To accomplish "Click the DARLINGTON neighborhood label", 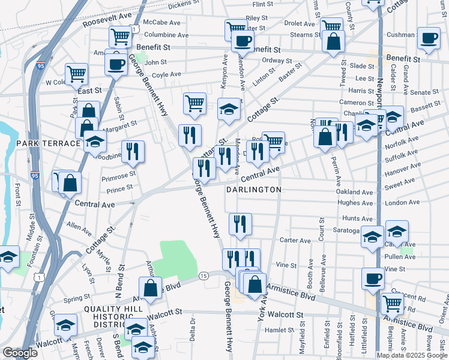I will [x=253, y=189].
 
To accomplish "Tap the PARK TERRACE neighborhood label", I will [x=49, y=143].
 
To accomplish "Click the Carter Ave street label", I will [x=295, y=240].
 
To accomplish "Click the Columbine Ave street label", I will [x=167, y=35].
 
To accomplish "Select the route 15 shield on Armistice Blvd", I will [x=204, y=275].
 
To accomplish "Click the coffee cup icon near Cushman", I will [x=429, y=38].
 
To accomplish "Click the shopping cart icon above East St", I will [x=77, y=74].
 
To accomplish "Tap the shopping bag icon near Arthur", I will [x=150, y=287].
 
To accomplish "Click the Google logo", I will [x=20, y=353].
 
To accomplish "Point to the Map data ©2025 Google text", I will [x=411, y=355].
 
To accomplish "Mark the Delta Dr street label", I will [x=193, y=329].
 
